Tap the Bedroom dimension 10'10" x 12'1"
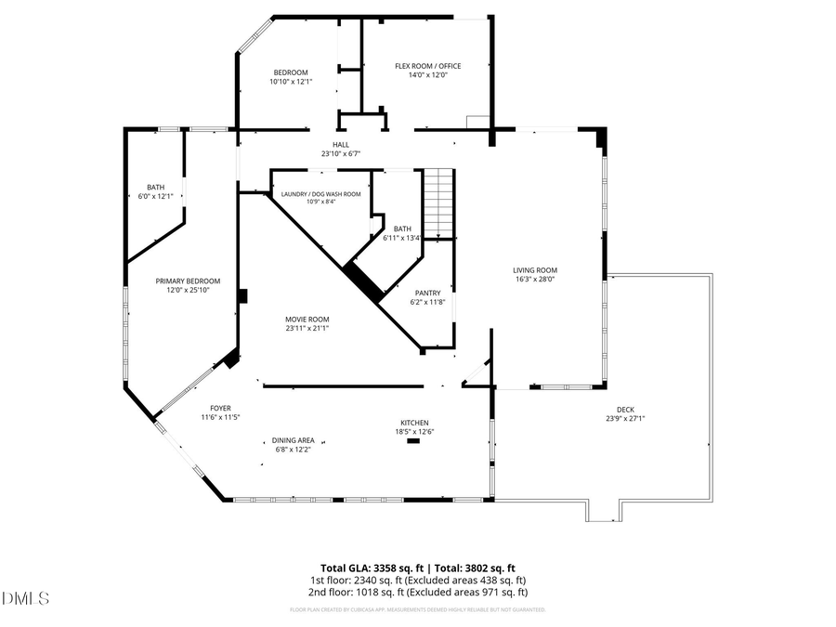click(290, 82)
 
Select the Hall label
click(341, 145)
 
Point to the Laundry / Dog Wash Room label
click(320, 193)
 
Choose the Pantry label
click(427, 293)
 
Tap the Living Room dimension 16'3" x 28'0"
click(535, 279)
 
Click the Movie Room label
click(307, 319)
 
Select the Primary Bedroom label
click(188, 281)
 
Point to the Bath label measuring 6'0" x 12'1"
click(155, 187)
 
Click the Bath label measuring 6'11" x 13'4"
click(402, 229)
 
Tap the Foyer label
click(220, 408)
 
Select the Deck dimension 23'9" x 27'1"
click(624, 418)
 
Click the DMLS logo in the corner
click(26, 598)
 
